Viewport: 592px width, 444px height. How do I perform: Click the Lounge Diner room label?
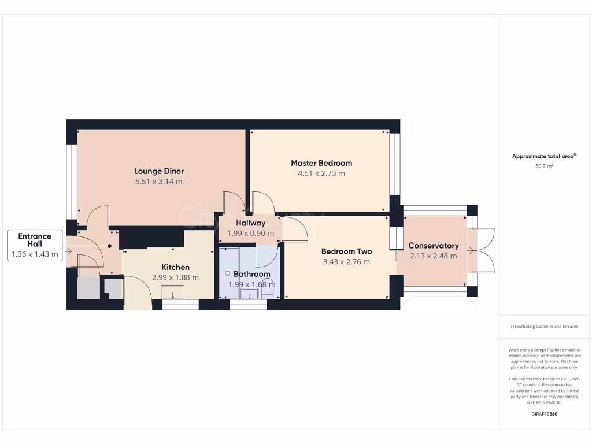point(159,171)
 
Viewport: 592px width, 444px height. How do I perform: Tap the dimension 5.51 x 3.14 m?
point(159,182)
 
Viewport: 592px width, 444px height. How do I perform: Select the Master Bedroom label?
point(321,163)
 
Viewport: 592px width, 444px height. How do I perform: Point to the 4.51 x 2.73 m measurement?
point(321,173)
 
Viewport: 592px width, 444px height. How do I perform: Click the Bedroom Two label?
point(346,251)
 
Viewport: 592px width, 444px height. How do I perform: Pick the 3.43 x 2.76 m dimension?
point(346,262)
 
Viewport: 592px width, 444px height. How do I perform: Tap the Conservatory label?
point(434,246)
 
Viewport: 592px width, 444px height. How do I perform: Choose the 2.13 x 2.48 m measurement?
point(434,256)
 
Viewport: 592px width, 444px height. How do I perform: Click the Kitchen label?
point(175,267)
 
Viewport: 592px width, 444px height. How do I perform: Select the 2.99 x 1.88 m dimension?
point(175,277)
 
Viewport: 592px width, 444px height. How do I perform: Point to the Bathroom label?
point(252,274)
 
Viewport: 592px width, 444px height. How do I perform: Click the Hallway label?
point(250,223)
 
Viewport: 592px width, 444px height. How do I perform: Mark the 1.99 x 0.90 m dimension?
point(250,233)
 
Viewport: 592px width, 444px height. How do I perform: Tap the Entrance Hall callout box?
point(35,245)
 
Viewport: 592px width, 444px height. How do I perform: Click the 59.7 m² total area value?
point(544,166)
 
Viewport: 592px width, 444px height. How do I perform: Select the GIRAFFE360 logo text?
point(544,414)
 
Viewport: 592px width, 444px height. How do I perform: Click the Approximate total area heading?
point(544,156)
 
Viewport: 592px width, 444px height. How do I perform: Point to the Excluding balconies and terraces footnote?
point(544,327)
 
